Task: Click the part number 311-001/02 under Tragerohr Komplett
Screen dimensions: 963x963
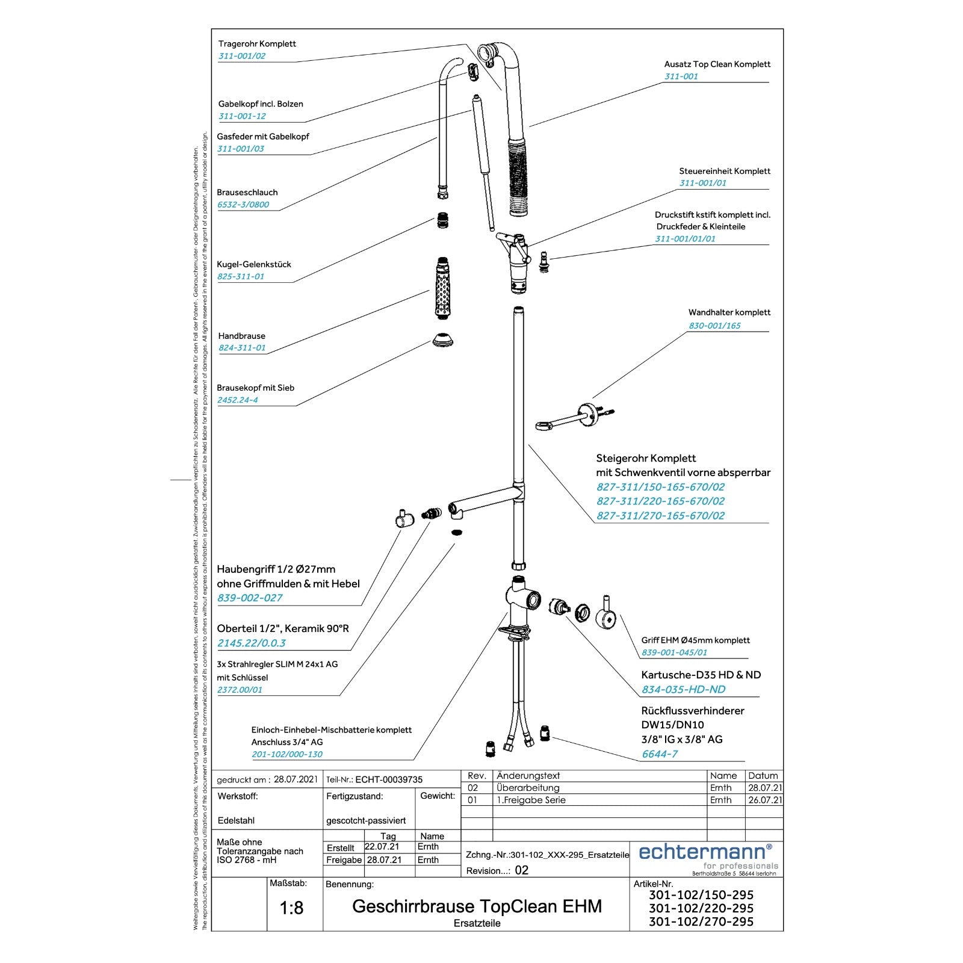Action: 241,56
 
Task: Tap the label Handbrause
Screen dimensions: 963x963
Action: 241,336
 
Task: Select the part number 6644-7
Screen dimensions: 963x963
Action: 660,754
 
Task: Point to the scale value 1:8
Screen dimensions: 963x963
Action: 291,908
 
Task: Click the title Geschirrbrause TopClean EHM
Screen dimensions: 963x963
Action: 477,906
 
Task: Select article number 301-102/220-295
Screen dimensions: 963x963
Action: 701,908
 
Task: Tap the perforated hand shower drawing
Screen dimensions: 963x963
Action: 443,288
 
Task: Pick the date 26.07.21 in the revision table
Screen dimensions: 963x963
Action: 765,800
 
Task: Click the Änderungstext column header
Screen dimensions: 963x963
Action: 528,776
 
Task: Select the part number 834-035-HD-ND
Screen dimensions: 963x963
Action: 683,690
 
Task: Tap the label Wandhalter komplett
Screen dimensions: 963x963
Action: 729,312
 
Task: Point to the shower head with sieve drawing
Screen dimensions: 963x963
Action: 443,339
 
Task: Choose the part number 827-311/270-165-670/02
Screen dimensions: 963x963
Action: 660,516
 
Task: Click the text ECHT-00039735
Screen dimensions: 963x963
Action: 389,779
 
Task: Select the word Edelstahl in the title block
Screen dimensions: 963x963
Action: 236,820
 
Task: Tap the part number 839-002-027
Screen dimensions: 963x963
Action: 250,598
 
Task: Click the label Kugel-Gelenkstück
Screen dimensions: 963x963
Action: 254,264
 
